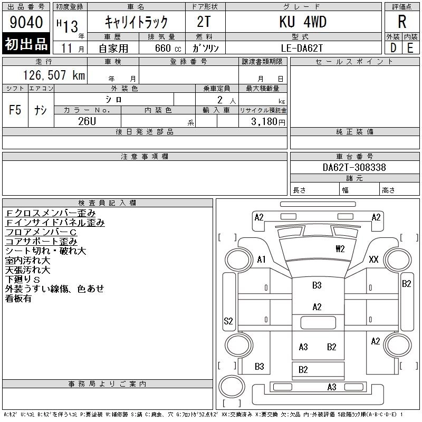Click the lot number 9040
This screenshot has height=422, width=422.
[25, 23]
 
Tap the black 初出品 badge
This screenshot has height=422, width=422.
[26, 44]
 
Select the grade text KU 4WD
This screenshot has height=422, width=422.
[303, 22]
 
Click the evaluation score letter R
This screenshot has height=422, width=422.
[402, 22]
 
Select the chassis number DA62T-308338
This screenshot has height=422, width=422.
[354, 167]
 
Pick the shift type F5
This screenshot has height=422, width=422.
[15, 110]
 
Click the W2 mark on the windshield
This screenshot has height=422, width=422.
[340, 248]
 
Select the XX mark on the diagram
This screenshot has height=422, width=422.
[374, 259]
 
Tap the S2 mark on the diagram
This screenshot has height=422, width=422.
[228, 321]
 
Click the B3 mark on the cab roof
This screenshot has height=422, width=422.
[316, 285]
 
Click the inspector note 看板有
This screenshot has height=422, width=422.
[18, 299]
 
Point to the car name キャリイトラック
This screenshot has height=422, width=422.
[136, 22]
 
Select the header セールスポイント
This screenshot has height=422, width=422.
[354, 62]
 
